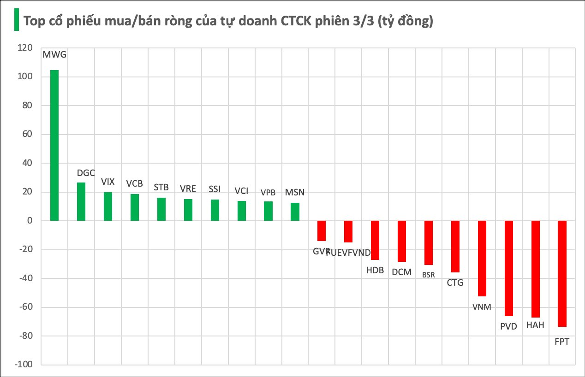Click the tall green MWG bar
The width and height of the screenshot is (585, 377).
[x=54, y=145]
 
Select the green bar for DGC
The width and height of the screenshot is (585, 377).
[x=81, y=202]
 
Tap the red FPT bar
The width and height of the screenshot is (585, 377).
[x=562, y=274]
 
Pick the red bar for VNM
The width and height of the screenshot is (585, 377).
[x=482, y=258]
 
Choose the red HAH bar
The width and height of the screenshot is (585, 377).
[x=535, y=269]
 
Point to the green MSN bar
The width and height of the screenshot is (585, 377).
[x=295, y=212]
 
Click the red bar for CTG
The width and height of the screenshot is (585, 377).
[x=455, y=247]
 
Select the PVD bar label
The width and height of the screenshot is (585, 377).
[x=508, y=327]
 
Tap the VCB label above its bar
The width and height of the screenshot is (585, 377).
[x=134, y=183]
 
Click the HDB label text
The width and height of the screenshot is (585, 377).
[x=375, y=271]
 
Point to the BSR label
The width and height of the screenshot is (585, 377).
[x=428, y=275]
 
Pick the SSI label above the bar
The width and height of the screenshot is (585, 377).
[x=215, y=189]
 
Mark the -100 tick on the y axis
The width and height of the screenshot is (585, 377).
[x=24, y=365]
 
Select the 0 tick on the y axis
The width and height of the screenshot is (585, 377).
[x=30, y=221]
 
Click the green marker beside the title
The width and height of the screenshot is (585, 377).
[x=16, y=20]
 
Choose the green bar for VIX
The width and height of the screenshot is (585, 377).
[x=108, y=206]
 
